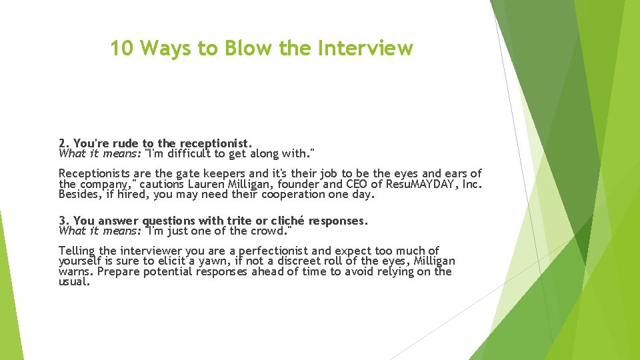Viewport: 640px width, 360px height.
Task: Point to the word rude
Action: (x=127, y=143)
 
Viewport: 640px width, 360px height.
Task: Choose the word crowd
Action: (x=272, y=231)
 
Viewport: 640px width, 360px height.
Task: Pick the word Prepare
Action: (x=117, y=272)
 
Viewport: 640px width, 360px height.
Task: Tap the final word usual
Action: (x=73, y=282)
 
